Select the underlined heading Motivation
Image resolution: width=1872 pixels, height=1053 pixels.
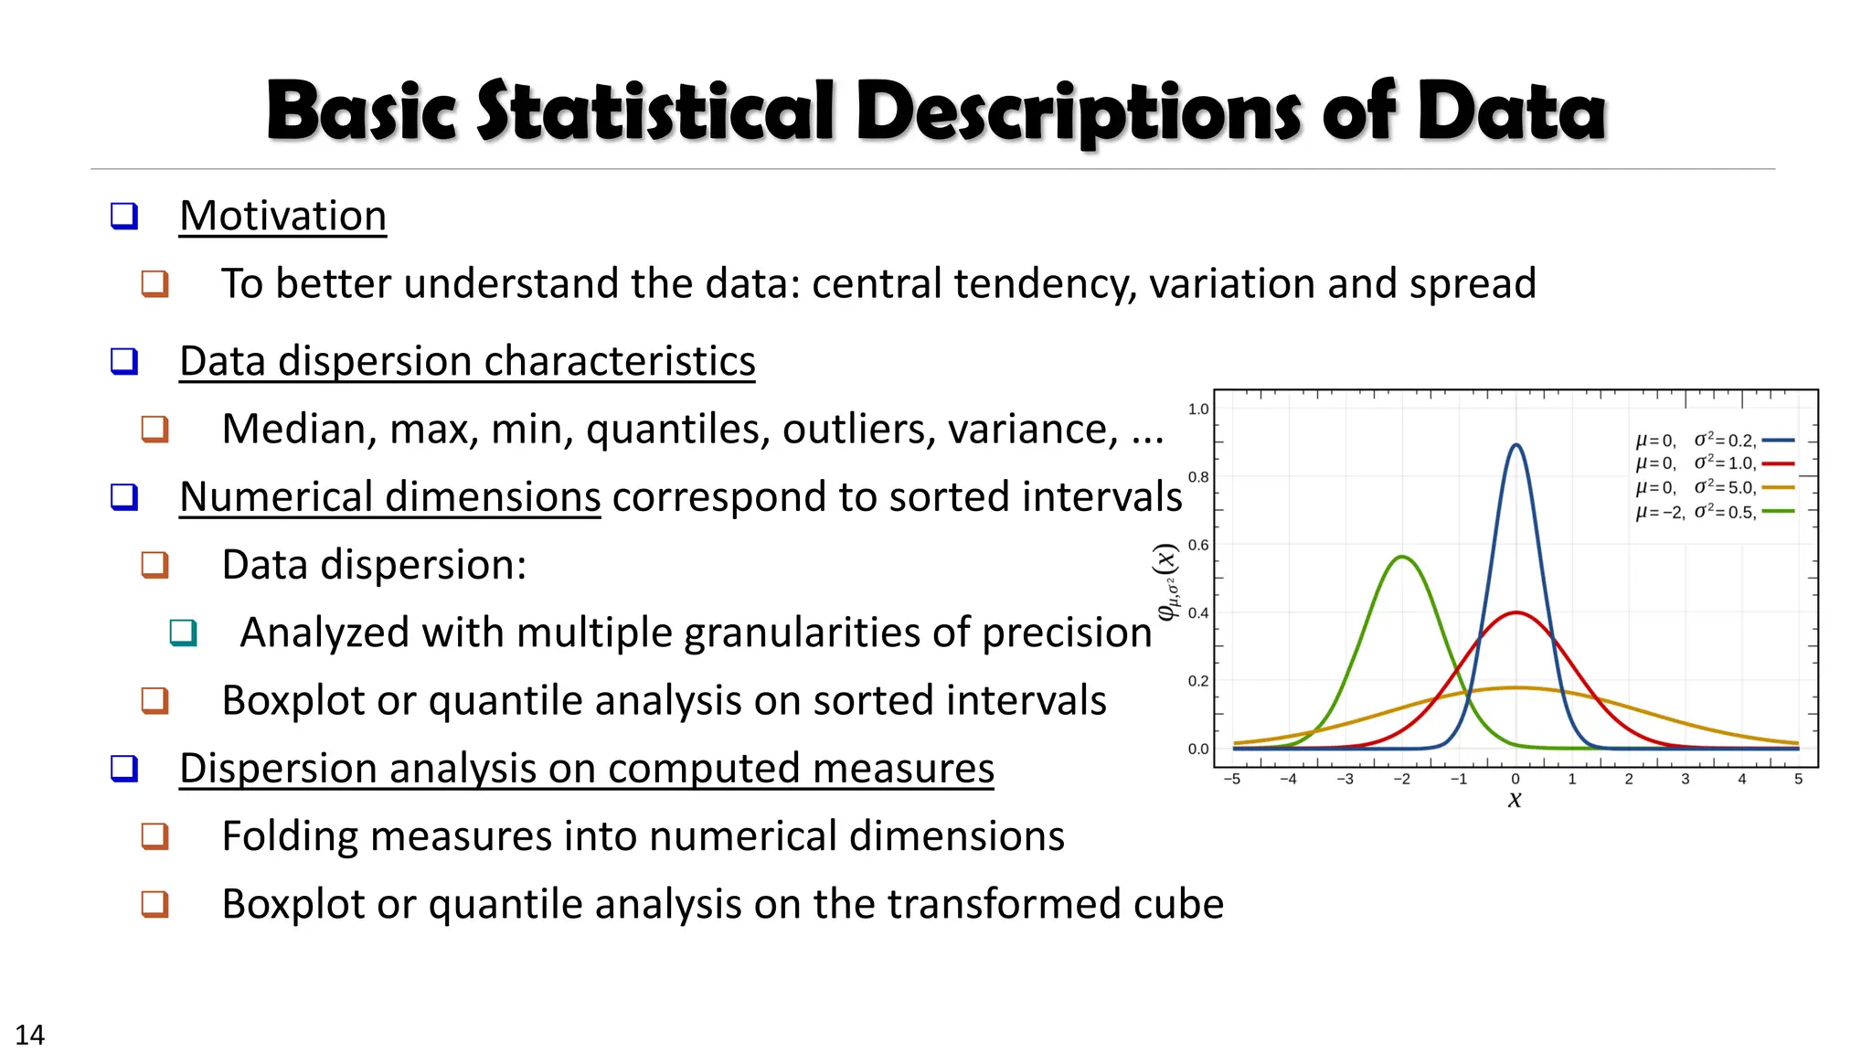282,217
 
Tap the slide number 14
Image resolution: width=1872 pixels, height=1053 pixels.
29,1035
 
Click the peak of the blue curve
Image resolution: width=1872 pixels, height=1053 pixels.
1516,445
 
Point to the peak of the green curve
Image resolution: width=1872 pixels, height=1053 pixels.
1401,557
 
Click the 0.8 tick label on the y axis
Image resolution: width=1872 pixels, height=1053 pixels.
1197,477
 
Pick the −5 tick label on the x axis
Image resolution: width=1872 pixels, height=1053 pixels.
1231,780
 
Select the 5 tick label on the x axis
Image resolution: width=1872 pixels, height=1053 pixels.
1798,780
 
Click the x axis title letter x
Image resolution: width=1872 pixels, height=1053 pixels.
1515,800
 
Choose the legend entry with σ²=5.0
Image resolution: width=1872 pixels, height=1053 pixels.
1714,488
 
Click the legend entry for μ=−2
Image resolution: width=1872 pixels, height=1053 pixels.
1714,512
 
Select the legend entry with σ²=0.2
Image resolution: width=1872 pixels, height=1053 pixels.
1714,441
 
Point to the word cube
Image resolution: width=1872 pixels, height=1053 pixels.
1178,904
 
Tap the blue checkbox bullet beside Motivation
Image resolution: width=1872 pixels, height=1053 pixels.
124,217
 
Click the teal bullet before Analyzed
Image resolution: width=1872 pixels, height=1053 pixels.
183,633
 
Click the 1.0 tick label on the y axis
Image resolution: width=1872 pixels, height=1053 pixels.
1197,409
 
